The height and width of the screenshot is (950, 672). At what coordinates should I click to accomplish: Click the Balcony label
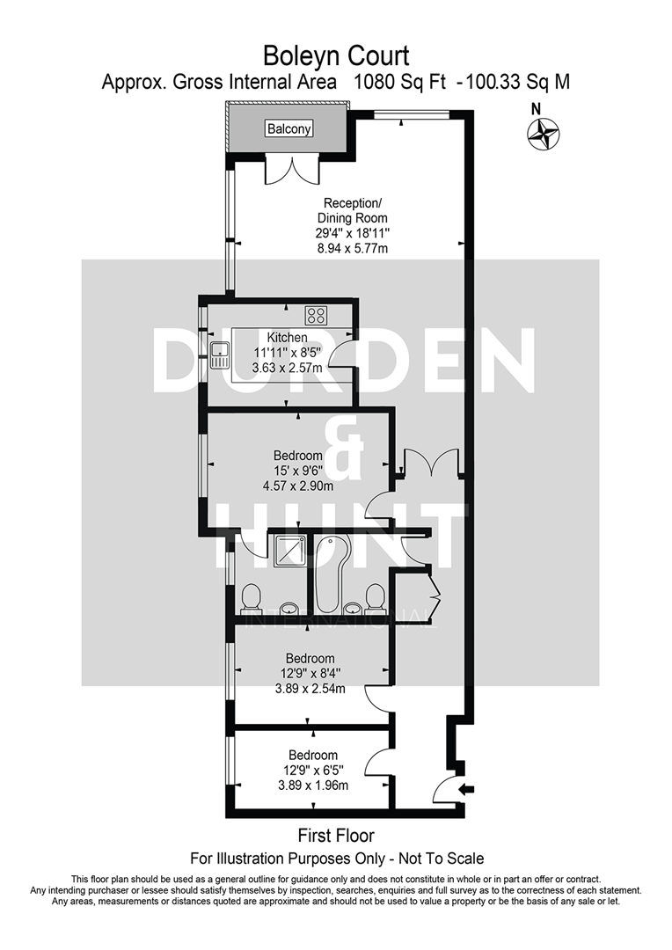[289, 129]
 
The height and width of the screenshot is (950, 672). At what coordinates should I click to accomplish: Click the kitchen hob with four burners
[316, 314]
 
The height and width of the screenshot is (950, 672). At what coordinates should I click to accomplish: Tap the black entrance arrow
[464, 789]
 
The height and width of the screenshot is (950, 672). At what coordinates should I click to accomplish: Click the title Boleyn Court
[336, 57]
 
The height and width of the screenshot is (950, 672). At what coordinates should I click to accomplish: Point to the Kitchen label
[288, 337]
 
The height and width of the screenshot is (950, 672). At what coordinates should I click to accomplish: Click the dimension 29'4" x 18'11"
[352, 234]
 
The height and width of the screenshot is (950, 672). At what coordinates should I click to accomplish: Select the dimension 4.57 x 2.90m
[298, 486]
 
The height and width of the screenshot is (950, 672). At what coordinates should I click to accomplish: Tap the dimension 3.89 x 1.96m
[313, 786]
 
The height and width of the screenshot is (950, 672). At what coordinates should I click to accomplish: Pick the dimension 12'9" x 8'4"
[310, 674]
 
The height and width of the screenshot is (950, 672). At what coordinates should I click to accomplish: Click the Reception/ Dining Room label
[352, 211]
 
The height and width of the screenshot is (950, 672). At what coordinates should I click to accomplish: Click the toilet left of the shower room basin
[250, 598]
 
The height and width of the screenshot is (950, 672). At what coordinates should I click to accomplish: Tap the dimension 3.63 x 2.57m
[288, 368]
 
